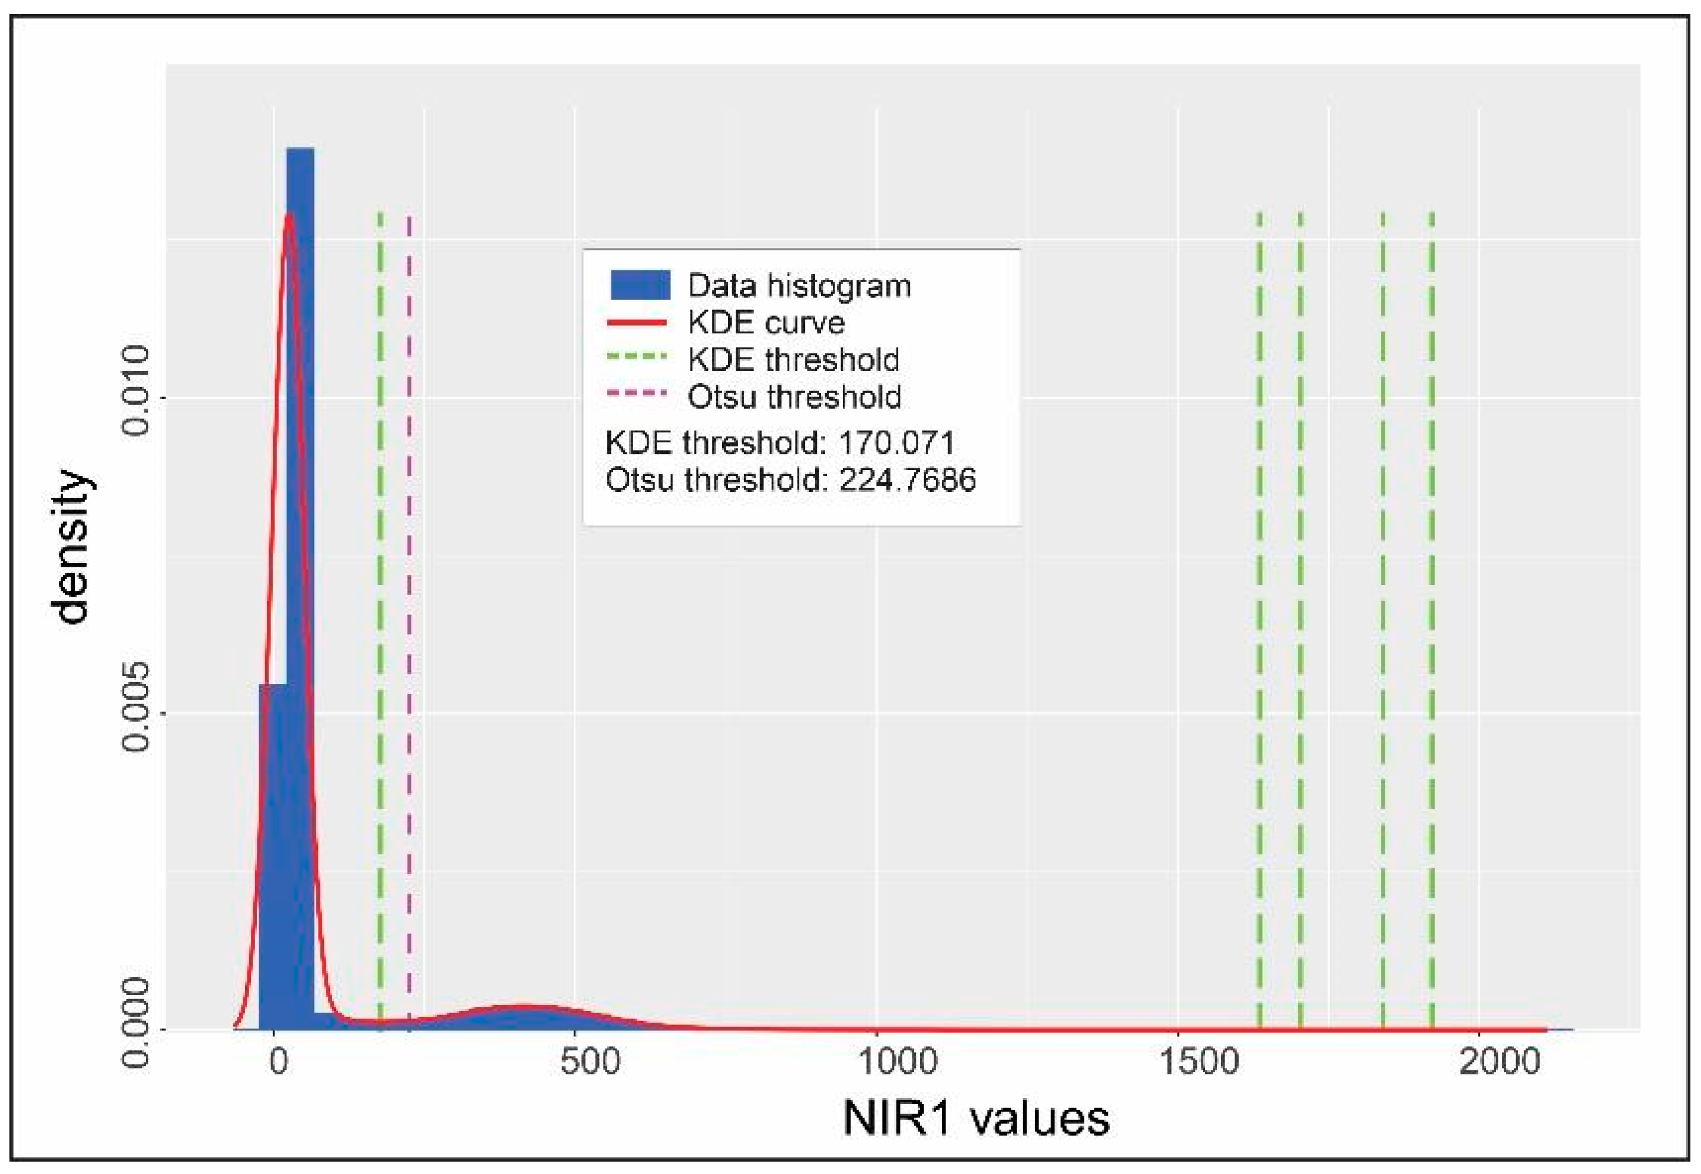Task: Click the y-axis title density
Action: [72, 547]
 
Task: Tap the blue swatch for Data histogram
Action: [640, 285]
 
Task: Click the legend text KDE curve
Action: [766, 322]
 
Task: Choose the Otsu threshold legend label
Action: [794, 397]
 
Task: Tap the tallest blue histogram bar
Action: [300, 515]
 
